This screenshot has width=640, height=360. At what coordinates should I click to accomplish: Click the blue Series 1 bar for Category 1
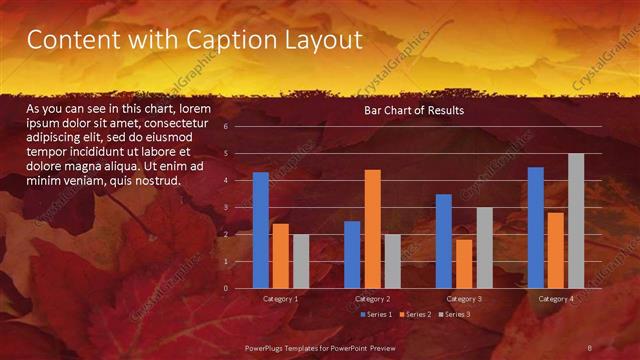pyautogui.click(x=261, y=230)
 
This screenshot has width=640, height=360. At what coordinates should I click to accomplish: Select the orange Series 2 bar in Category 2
pyautogui.click(x=372, y=229)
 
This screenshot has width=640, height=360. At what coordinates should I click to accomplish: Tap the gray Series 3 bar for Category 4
pyautogui.click(x=576, y=221)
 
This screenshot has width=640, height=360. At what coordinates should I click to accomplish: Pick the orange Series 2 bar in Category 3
pyautogui.click(x=464, y=264)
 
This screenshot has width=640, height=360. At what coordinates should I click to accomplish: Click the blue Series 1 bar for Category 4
pyautogui.click(x=536, y=228)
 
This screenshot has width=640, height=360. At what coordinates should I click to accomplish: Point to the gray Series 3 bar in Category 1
pyautogui.click(x=301, y=261)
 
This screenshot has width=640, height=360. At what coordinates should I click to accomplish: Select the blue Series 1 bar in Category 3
pyautogui.click(x=444, y=241)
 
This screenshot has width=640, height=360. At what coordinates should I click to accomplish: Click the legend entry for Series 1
pyautogui.click(x=376, y=315)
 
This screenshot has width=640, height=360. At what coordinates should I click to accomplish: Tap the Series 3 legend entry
pyautogui.click(x=455, y=315)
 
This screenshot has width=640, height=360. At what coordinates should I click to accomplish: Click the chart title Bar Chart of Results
pyautogui.click(x=413, y=110)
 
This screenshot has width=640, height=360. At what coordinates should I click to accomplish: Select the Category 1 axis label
pyautogui.click(x=280, y=299)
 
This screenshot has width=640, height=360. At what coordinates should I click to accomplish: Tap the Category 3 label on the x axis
pyautogui.click(x=464, y=299)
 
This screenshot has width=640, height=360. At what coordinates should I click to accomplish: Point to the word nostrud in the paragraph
pyautogui.click(x=161, y=181)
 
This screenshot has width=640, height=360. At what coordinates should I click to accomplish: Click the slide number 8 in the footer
pyautogui.click(x=590, y=347)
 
